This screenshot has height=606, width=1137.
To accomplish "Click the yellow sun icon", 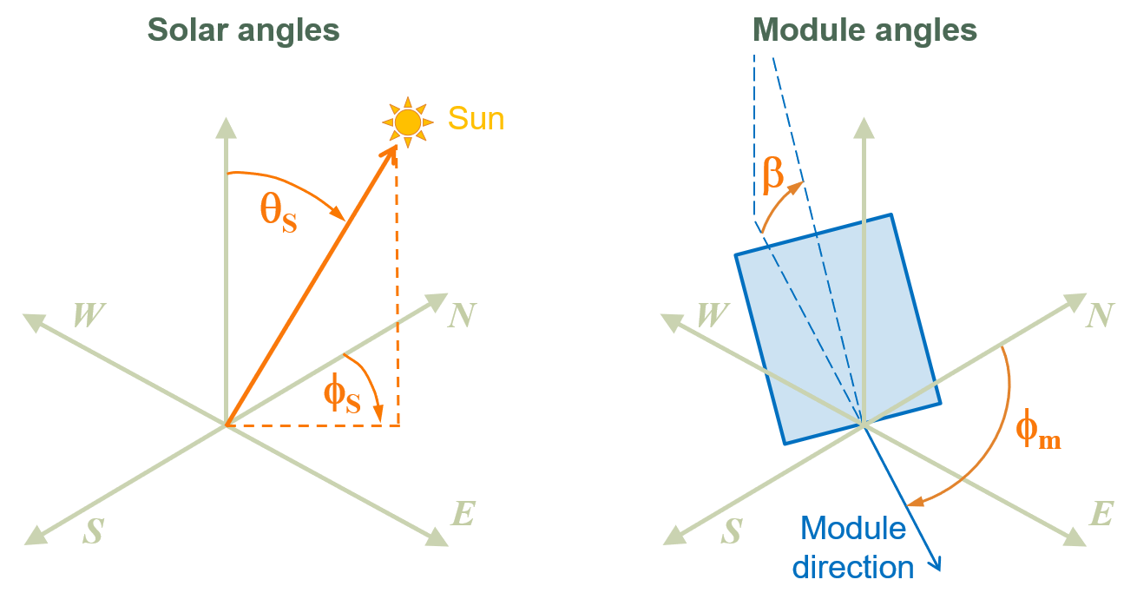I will pos(407,122).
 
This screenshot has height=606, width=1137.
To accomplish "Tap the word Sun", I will pos(476,118).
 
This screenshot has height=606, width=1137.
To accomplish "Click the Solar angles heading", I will pos(243,30).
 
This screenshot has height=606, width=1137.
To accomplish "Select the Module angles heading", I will pos(864,30).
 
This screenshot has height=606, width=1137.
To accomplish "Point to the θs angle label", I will pos(279,213).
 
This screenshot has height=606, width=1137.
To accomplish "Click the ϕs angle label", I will pos(341,395).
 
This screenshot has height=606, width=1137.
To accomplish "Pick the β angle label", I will pos(773,175).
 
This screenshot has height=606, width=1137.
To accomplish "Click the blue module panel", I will pos(838,330).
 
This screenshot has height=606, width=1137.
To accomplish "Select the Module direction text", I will pos(855,548).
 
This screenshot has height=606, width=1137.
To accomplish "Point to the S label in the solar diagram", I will pos(92,531).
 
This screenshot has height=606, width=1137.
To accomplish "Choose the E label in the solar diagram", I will pos(463,514).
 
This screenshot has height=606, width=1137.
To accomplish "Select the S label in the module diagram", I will pos(731,531).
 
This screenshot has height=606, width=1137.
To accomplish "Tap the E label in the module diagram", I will pos(1100,514).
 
